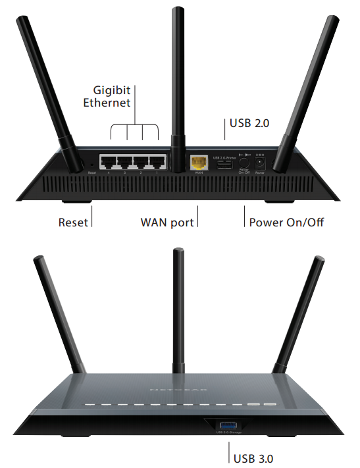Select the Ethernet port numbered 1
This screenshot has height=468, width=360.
pyautogui.click(x=157, y=162)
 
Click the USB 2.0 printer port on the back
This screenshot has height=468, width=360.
pyautogui.click(x=222, y=164)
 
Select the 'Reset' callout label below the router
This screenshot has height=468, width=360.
pyautogui.click(x=72, y=222)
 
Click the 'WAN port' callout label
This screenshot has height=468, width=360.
pyautogui.click(x=167, y=222)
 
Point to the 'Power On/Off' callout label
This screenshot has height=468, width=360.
pyautogui.click(x=286, y=222)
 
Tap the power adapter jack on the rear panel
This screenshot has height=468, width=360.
pyautogui.click(x=260, y=161)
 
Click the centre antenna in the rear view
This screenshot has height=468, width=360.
pyautogui.click(x=176, y=79)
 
